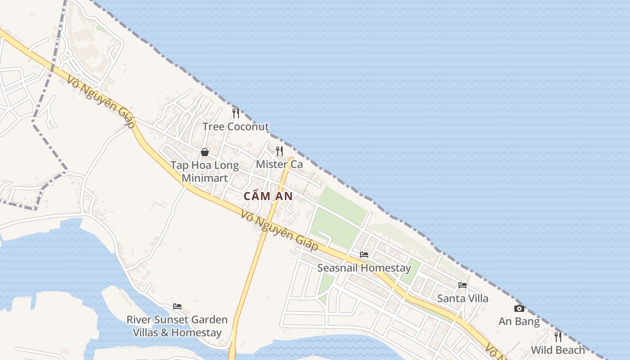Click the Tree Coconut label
[235, 126]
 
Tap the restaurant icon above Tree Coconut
[235, 113]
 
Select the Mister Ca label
[279, 164]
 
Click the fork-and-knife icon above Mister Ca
[279, 151]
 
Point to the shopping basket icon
[205, 152]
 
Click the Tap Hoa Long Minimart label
[205, 171]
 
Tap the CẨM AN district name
[268, 196]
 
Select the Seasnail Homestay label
[364, 268]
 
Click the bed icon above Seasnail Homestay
[364, 255]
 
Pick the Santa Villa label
[463, 298]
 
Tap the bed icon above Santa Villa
[463, 285]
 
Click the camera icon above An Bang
[519, 308]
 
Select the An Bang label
[519, 322]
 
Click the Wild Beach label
[558, 350]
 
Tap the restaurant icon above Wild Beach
[558, 337]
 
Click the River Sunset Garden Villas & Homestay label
[177, 326]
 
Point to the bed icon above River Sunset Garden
[177, 306]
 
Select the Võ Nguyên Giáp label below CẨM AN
[279, 231]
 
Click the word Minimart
[205, 178]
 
